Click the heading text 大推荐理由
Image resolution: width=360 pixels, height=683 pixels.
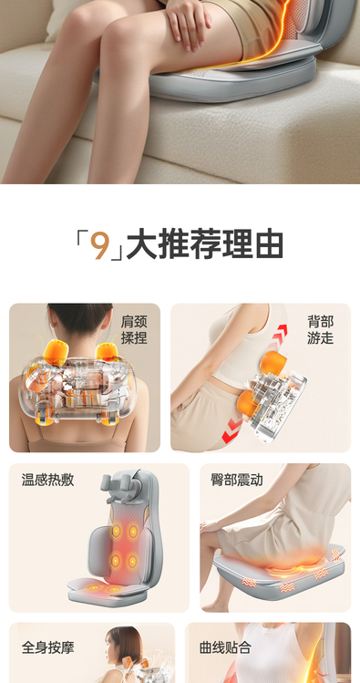pos(204,245)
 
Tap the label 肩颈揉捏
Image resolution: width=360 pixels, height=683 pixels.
pos(134,330)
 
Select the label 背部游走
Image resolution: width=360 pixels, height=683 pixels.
pos(321,330)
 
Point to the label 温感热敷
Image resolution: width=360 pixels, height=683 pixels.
pos(48,480)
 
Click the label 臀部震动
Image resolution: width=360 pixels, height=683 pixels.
pos(237,480)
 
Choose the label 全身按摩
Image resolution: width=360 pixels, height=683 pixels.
pos(48,647)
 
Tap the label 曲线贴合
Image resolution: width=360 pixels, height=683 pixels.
pos(225,647)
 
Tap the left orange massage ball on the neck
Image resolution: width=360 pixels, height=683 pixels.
pos(55,352)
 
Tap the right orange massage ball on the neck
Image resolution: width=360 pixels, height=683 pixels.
pos(108,352)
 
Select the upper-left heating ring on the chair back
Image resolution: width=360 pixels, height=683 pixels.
pos(117,532)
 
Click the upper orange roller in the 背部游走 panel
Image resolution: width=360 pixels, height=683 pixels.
pos(273,362)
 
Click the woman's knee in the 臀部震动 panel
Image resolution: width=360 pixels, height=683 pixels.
pos(207,539)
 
